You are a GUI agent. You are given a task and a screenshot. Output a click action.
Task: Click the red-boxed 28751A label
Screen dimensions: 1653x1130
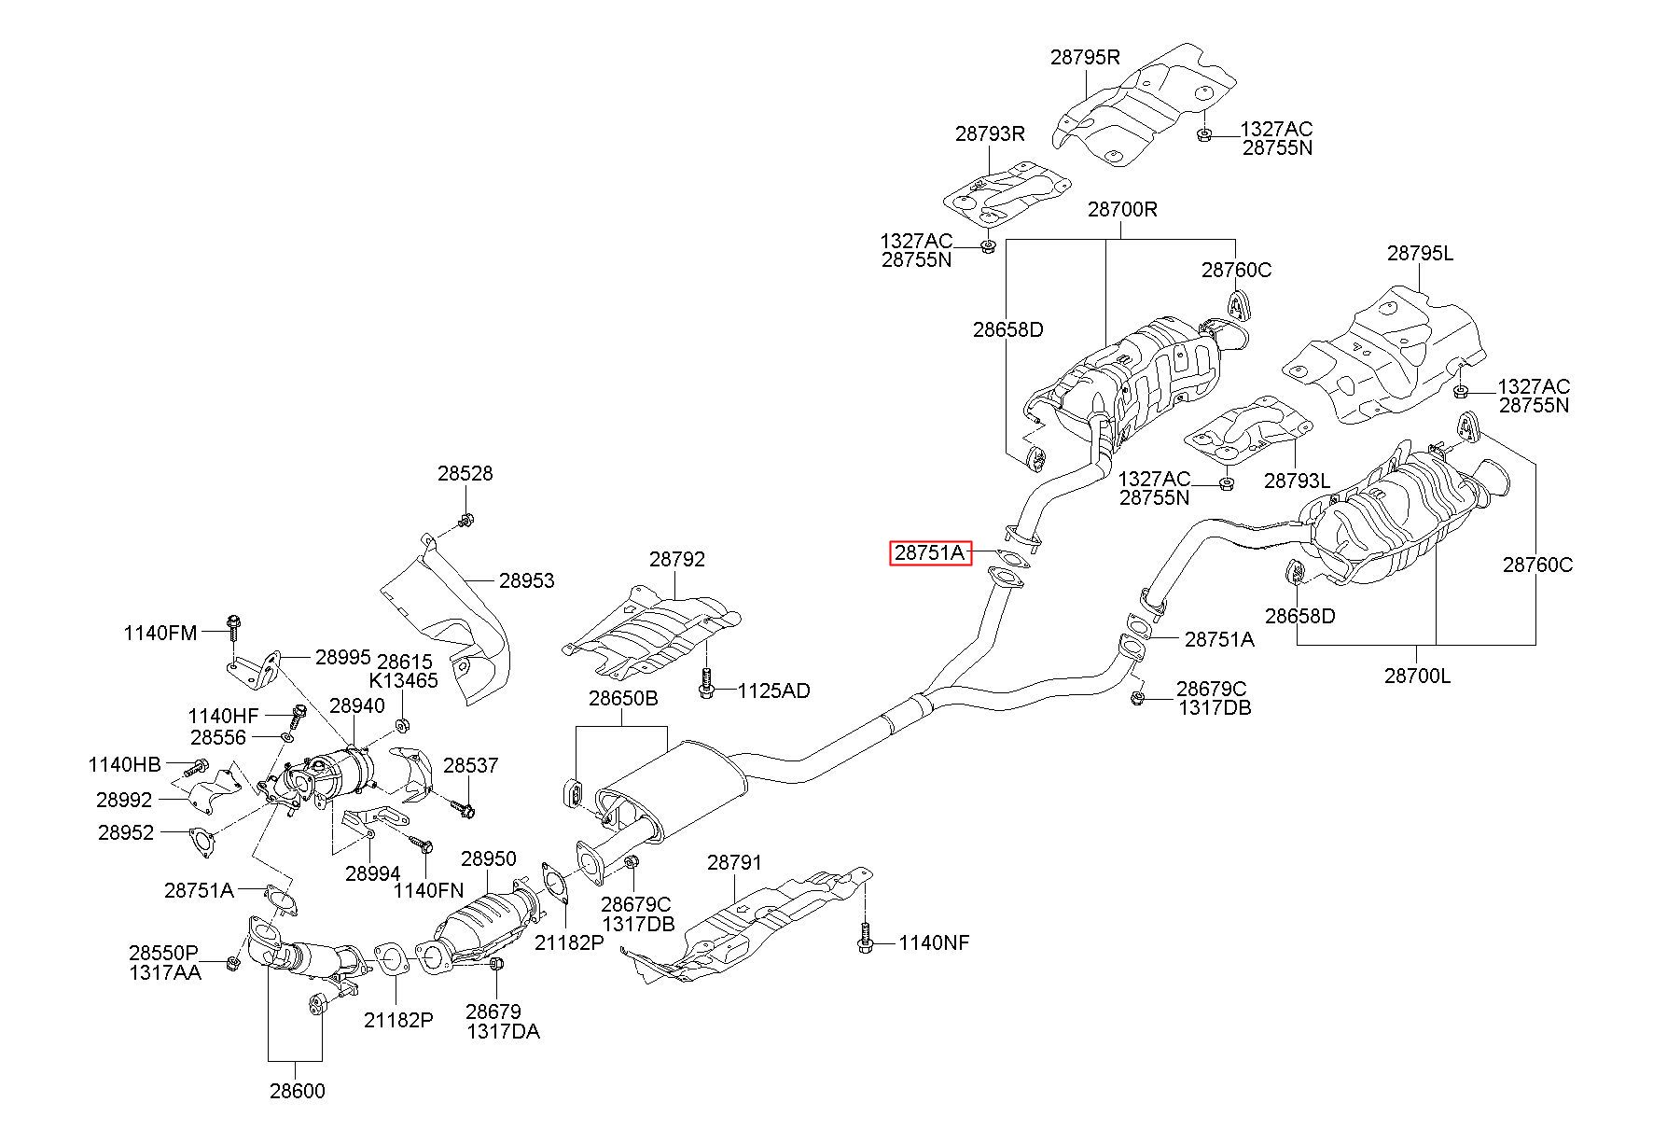tap(930, 553)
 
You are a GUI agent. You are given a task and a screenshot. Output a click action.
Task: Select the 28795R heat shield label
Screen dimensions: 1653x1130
tap(1085, 56)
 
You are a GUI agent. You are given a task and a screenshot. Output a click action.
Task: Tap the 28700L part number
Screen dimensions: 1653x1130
tap(1418, 676)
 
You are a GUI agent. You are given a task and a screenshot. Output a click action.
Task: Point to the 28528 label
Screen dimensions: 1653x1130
tap(465, 473)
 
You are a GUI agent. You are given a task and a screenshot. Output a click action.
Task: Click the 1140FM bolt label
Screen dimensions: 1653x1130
tap(160, 633)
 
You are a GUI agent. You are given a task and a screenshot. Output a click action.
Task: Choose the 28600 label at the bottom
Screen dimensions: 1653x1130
tap(298, 1091)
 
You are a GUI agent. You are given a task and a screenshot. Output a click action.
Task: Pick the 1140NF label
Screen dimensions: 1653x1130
tap(934, 943)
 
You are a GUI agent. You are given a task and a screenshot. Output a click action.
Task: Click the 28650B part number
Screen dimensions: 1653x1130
tap(623, 698)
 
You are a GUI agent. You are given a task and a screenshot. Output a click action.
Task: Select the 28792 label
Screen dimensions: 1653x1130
tap(677, 559)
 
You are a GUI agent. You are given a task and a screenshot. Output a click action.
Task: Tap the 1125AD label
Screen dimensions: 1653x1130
tap(774, 691)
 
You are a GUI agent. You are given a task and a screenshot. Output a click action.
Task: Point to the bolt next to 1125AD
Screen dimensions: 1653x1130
tap(706, 684)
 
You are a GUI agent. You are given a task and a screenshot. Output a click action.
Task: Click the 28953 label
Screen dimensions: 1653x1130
tap(526, 580)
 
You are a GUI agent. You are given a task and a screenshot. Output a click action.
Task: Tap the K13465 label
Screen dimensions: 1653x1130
tap(403, 680)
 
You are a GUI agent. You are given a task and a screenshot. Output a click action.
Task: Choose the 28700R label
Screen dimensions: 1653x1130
tap(1122, 209)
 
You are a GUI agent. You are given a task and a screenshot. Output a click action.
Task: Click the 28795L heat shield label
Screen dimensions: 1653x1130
tap(1420, 253)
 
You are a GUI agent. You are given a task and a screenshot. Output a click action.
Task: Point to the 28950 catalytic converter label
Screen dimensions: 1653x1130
tap(488, 858)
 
